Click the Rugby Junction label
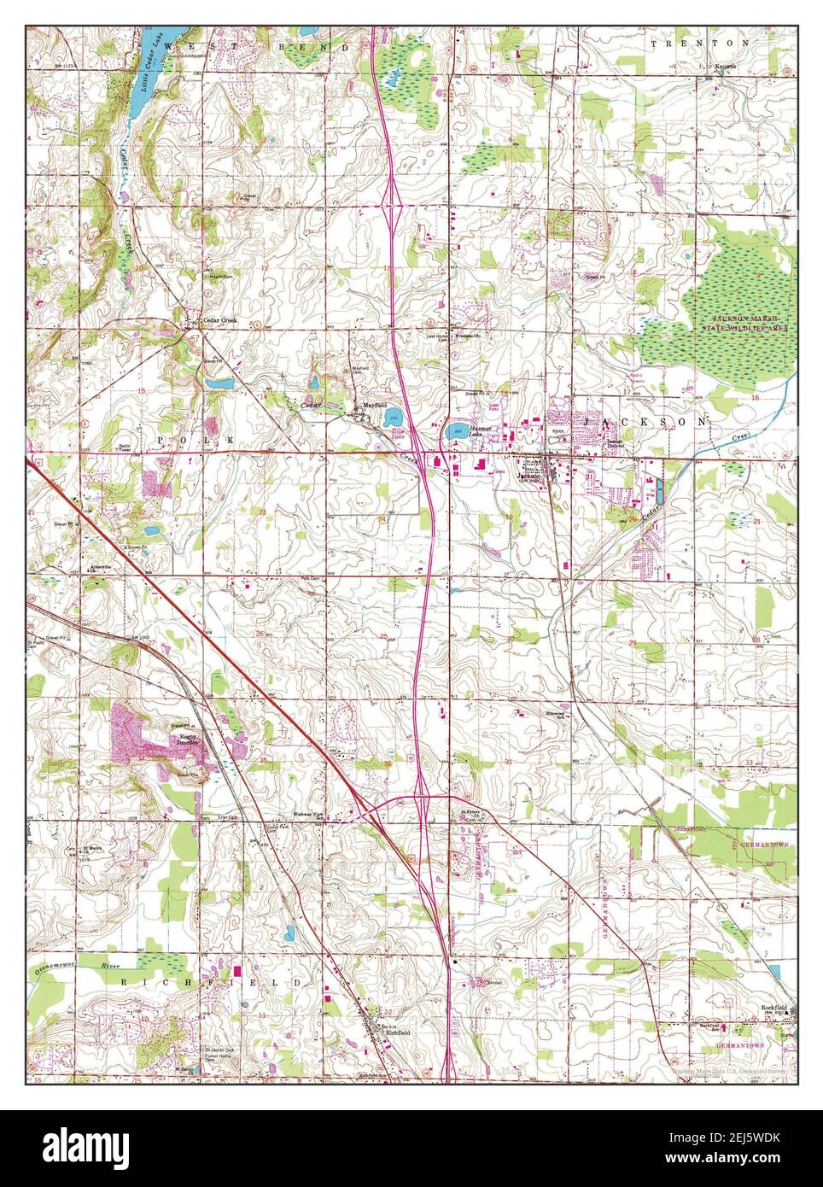(x=189, y=739)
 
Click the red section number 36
(x=389, y=763)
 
